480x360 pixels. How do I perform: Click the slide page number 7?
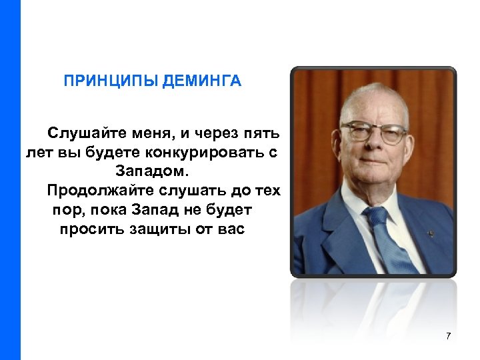coord(448,335)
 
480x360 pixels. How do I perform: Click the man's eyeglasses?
coord(373,133)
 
